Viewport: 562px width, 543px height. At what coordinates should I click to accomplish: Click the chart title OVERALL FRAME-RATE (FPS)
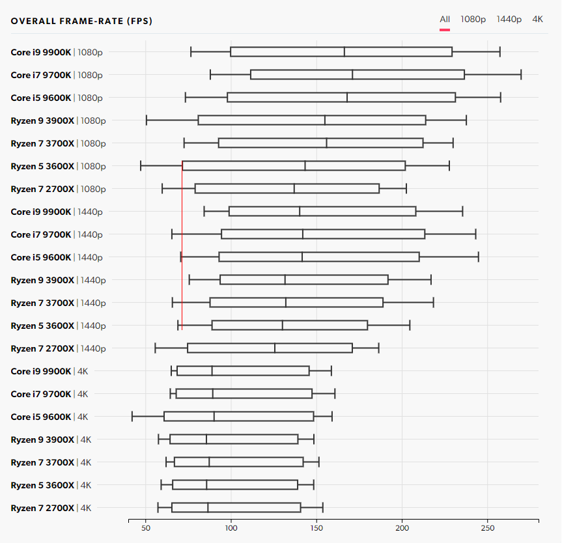(81, 21)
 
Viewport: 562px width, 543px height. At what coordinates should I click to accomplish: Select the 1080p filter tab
(473, 20)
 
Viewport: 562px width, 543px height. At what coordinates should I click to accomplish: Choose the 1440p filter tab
(509, 20)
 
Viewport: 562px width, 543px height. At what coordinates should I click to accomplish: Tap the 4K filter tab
(537, 20)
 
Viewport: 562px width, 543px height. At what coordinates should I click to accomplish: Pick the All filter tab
(445, 20)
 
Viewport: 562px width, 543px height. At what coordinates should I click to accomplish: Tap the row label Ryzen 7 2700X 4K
(51, 508)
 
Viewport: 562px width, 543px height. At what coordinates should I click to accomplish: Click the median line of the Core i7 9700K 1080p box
(352, 74)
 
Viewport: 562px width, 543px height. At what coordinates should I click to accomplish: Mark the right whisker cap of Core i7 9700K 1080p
(521, 74)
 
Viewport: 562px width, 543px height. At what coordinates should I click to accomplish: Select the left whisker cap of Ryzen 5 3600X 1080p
(141, 165)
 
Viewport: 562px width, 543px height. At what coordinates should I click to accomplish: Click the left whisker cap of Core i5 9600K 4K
(132, 416)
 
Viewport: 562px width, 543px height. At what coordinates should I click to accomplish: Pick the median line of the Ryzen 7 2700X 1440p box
(275, 348)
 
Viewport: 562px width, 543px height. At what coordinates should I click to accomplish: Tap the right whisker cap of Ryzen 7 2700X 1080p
(406, 188)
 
